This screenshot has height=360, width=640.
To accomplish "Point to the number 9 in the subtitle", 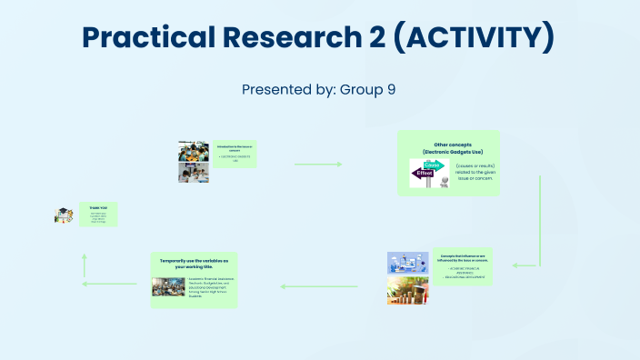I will (x=392, y=90).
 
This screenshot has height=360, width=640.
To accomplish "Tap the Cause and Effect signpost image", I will (x=429, y=174).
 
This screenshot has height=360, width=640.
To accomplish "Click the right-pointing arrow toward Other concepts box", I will (x=317, y=165).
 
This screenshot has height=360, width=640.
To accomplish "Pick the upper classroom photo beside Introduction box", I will (x=194, y=151).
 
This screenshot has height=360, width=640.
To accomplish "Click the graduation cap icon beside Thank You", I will (x=64, y=215).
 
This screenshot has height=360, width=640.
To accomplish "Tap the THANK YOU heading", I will (x=97, y=207).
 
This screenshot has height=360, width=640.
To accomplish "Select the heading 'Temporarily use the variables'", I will (x=193, y=261).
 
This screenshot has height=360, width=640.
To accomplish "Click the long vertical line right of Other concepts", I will (x=541, y=218).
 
